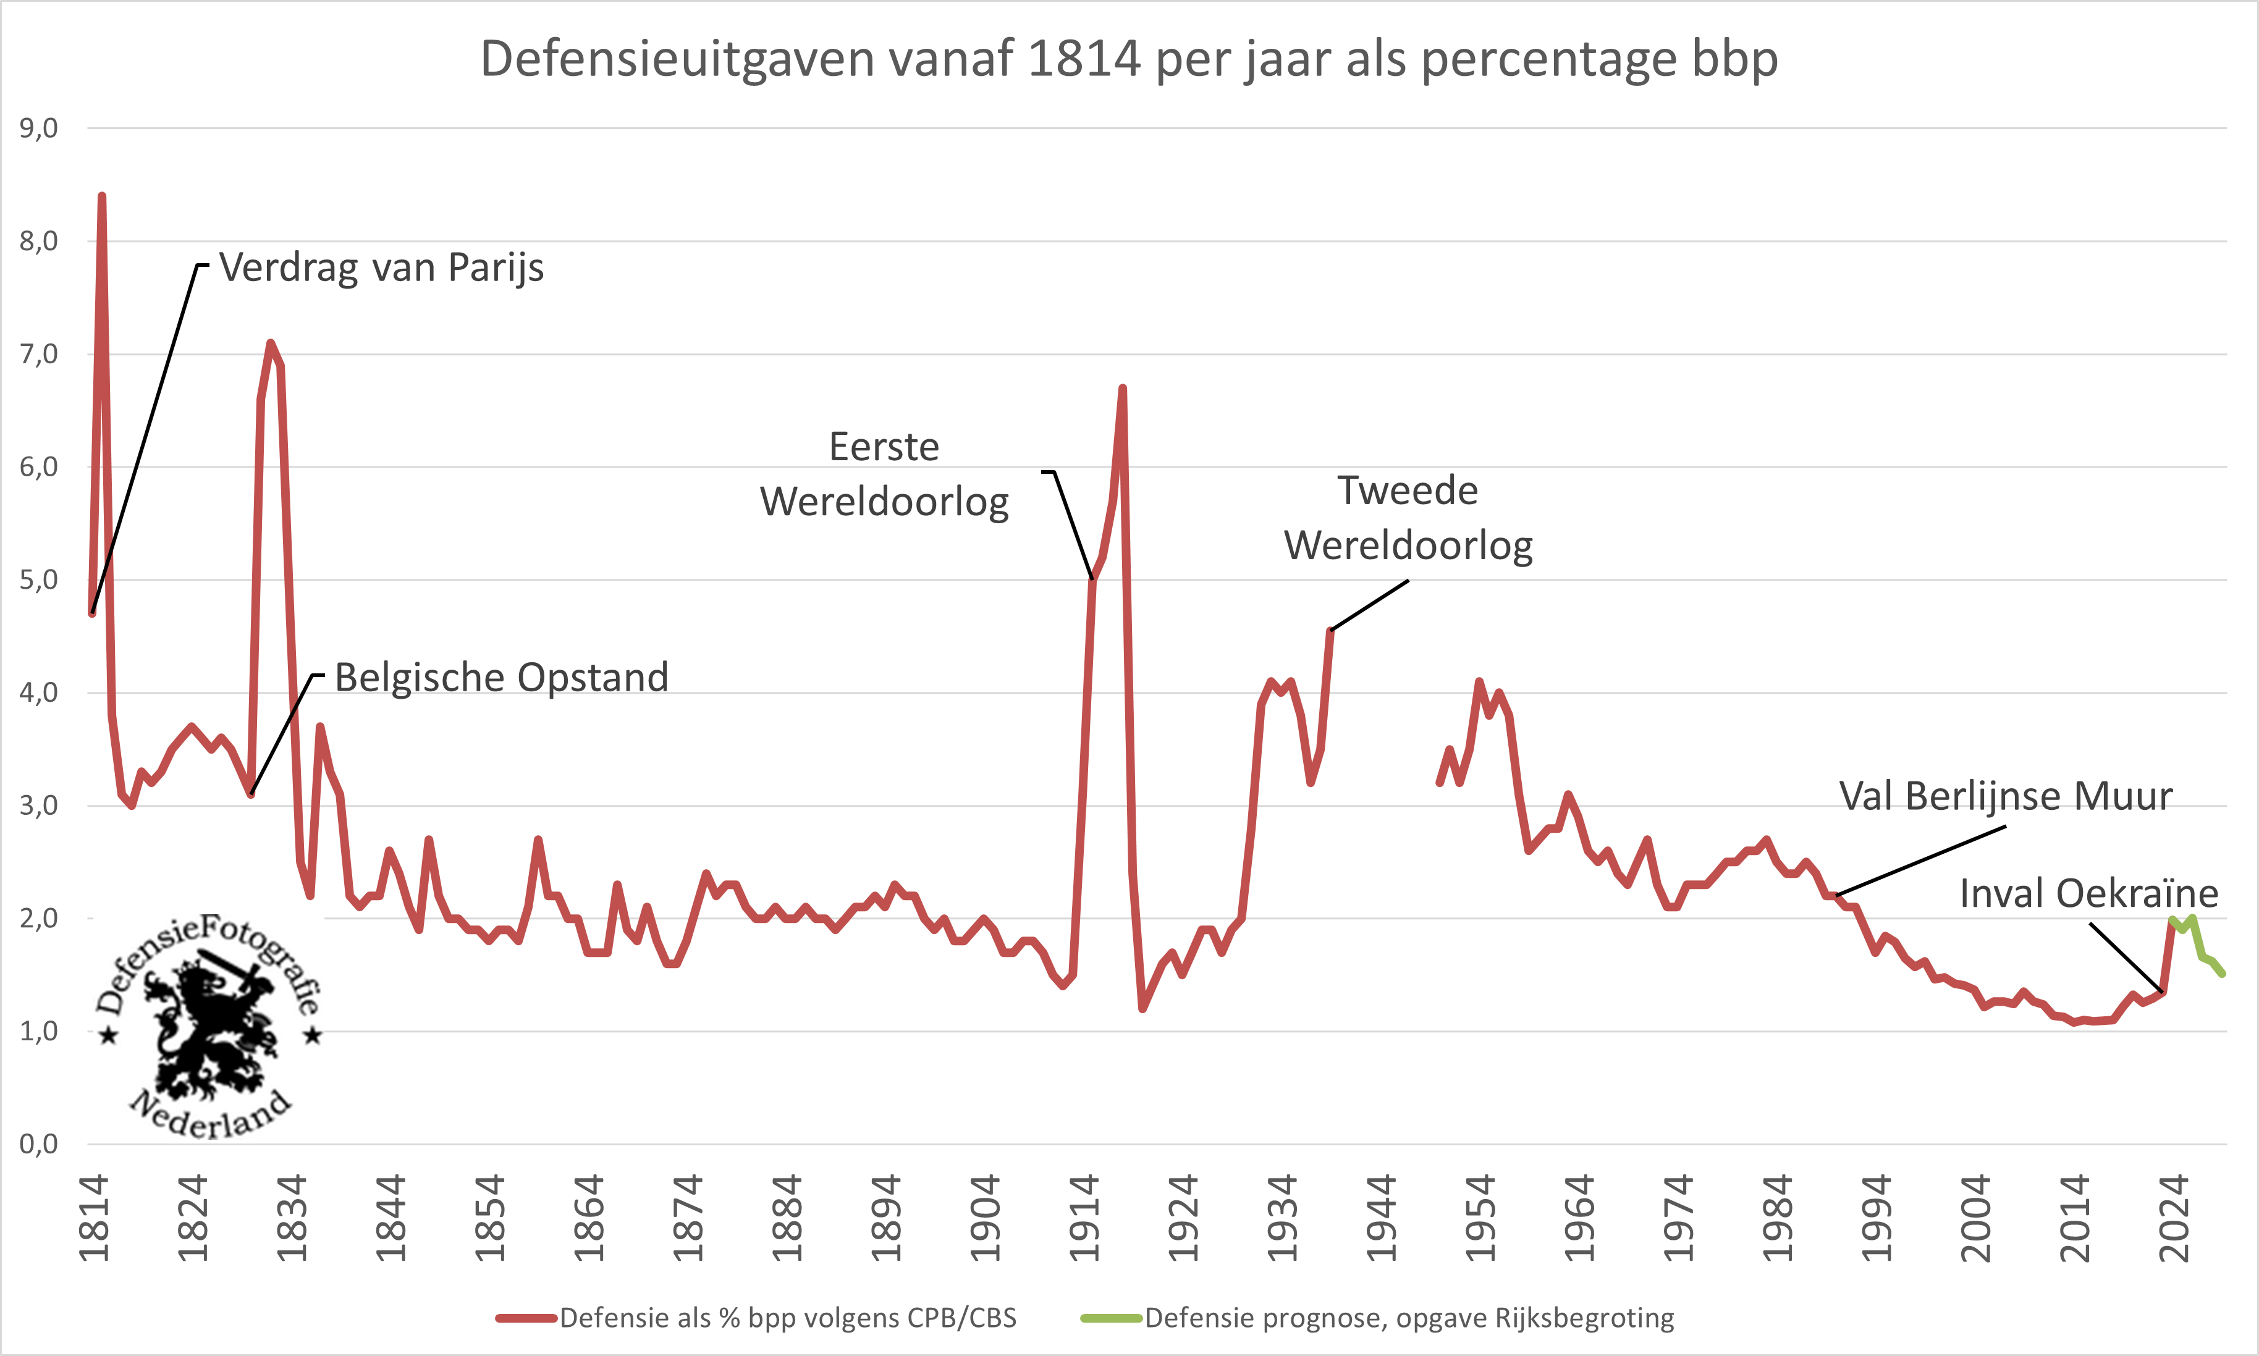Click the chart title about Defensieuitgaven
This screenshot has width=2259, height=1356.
(1129, 59)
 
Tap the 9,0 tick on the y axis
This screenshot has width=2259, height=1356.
(38, 128)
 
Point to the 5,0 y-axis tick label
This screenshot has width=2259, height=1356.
(38, 579)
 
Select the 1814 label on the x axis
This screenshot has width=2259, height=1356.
(94, 1219)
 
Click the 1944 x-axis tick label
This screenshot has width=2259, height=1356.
(1382, 1219)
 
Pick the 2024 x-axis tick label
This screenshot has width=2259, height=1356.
(2174, 1219)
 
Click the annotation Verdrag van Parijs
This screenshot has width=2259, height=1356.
(381, 267)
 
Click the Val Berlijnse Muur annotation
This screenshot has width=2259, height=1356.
(2005, 796)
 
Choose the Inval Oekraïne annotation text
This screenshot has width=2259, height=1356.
(2089, 893)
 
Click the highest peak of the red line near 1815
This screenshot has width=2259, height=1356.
(101, 197)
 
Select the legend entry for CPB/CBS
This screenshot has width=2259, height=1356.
(757, 1318)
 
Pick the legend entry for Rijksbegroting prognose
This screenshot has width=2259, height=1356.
(1378, 1318)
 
